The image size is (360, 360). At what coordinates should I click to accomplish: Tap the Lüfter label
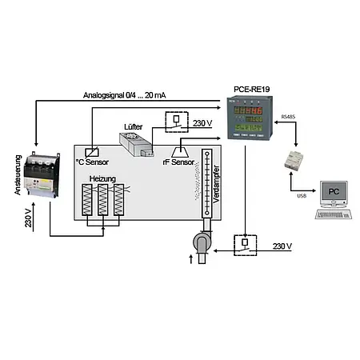pos(135,126)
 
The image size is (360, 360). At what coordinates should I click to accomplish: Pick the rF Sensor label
pos(178,162)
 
